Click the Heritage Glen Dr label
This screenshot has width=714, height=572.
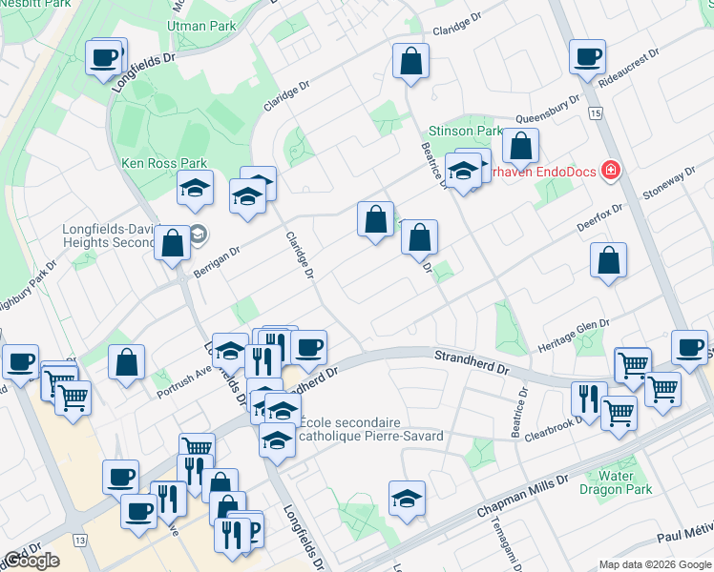[572, 335]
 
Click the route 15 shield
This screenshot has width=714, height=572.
[596, 114]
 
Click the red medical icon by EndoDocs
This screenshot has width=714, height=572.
[610, 172]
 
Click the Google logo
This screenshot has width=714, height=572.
[31, 561]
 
